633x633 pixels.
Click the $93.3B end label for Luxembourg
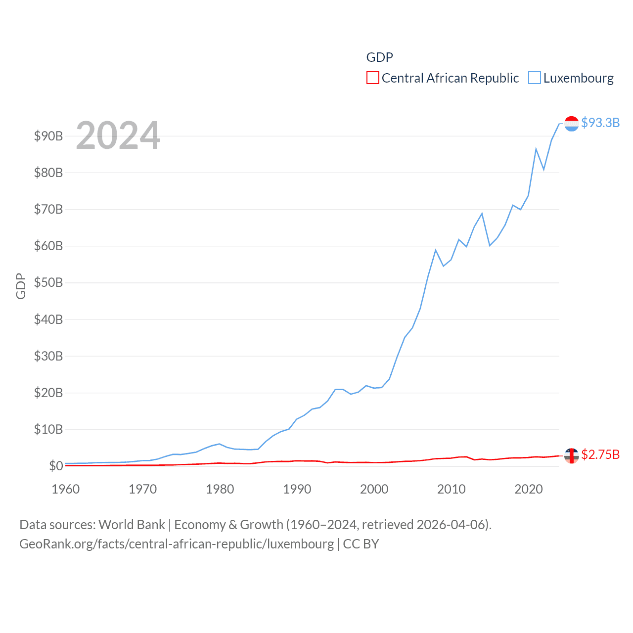[x=600, y=123]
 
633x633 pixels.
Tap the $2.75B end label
[x=600, y=454]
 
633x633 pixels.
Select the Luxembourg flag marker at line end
[x=571, y=124]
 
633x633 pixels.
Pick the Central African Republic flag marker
[x=571, y=455]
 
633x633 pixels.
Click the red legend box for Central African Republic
[x=372, y=78]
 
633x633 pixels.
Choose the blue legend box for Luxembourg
[x=534, y=78]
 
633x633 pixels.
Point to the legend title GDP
[x=379, y=57]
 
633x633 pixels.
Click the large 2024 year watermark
[x=118, y=135]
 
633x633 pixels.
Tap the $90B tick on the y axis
[x=48, y=136]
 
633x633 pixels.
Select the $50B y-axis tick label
[x=48, y=282]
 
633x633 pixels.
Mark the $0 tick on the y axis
[x=55, y=466]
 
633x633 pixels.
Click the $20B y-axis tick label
[x=48, y=393]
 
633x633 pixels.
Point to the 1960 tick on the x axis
[x=65, y=489]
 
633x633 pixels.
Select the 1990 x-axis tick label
[x=297, y=489]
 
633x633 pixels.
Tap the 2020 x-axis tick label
[x=528, y=489]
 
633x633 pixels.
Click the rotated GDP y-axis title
[x=20, y=286]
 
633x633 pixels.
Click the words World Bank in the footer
[x=132, y=525]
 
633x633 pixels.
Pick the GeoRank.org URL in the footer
[x=177, y=544]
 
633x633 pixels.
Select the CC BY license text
[x=361, y=544]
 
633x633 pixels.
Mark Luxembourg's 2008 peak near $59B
[x=436, y=250]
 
